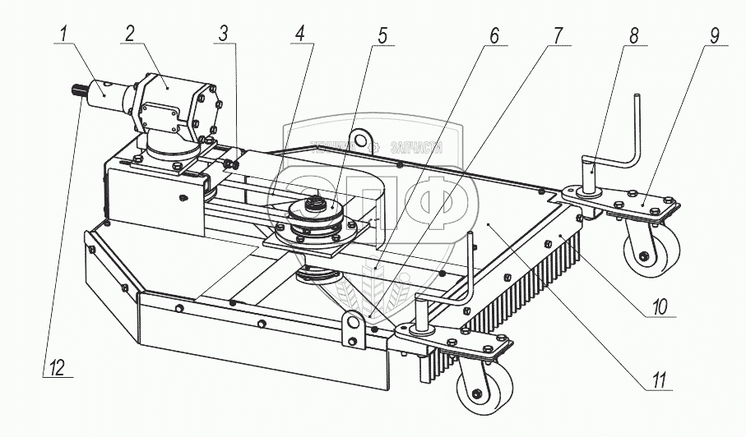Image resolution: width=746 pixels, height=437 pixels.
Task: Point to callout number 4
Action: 300,34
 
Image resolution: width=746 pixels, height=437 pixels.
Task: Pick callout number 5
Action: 383,34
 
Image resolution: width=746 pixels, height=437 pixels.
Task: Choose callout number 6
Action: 493,34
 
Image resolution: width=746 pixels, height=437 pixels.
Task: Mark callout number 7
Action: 558,34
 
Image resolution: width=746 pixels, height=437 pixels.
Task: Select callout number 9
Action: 714,34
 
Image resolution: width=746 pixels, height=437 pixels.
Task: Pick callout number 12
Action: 56,368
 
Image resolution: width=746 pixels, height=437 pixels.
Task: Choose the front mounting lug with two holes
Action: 354,328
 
